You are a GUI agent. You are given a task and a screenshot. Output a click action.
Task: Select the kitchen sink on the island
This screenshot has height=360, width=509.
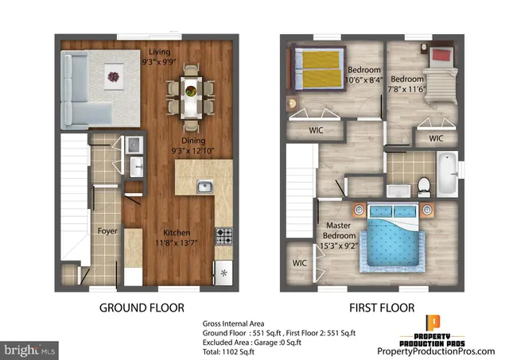click(204, 187)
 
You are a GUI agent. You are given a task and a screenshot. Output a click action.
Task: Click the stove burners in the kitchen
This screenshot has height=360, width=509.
click(224, 236)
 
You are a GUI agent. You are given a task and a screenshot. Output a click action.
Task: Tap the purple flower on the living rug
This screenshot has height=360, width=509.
click(112, 77)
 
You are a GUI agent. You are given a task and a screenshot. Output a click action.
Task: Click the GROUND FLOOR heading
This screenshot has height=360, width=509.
click(142, 307)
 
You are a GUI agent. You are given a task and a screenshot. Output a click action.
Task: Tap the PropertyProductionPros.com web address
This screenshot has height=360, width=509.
click(442, 350)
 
